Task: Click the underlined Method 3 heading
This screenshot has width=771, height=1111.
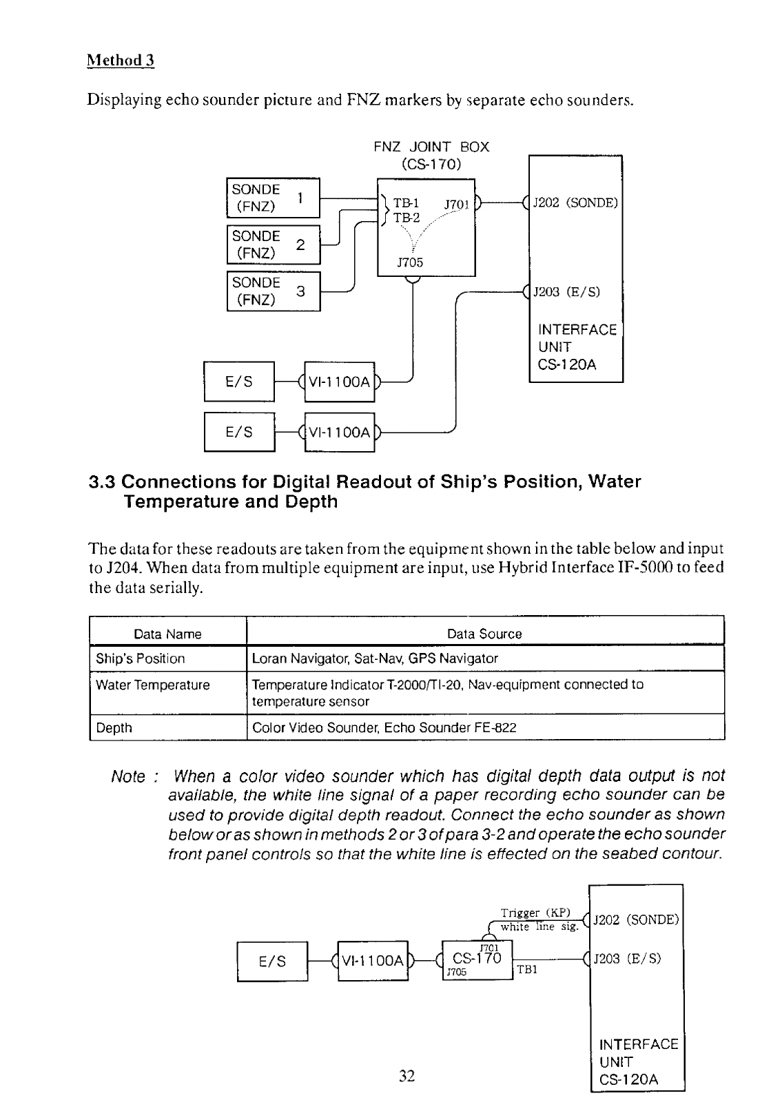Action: click(x=121, y=61)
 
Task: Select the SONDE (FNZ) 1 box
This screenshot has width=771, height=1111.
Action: click(x=274, y=198)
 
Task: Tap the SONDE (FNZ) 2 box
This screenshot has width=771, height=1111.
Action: click(x=274, y=245)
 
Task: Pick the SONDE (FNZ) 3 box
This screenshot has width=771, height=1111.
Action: click(x=274, y=291)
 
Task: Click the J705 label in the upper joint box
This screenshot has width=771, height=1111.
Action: click(x=410, y=262)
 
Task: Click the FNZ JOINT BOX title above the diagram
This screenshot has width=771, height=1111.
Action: click(x=431, y=147)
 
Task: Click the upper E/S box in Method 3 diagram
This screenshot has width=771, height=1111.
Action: click(x=239, y=382)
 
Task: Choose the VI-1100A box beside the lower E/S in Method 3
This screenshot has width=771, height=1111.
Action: click(x=339, y=433)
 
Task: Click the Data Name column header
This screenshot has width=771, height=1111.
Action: click(x=167, y=634)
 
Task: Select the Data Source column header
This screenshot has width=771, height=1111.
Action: click(x=484, y=634)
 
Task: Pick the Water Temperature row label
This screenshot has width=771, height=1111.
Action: click(x=153, y=685)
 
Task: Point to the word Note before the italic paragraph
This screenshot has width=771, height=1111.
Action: click(x=130, y=777)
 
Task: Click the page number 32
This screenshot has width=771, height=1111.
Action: click(x=407, y=1076)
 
